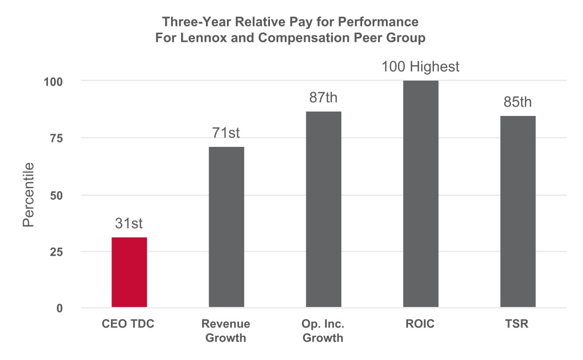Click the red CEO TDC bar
pyautogui.click(x=129, y=272)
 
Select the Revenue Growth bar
pyautogui.click(x=226, y=227)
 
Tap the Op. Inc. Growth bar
pyautogui.click(x=324, y=209)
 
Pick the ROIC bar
pyautogui.click(x=421, y=194)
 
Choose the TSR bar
pyautogui.click(x=518, y=211)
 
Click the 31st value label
pyautogui.click(x=129, y=224)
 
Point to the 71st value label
pyautogui.click(x=226, y=133)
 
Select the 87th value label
pyautogui.click(x=324, y=98)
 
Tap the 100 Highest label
pyautogui.click(x=421, y=67)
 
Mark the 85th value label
pyautogui.click(x=518, y=103)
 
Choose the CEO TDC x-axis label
pyautogui.click(x=129, y=324)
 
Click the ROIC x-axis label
pyautogui.click(x=421, y=324)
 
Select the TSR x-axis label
pyautogui.click(x=518, y=324)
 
